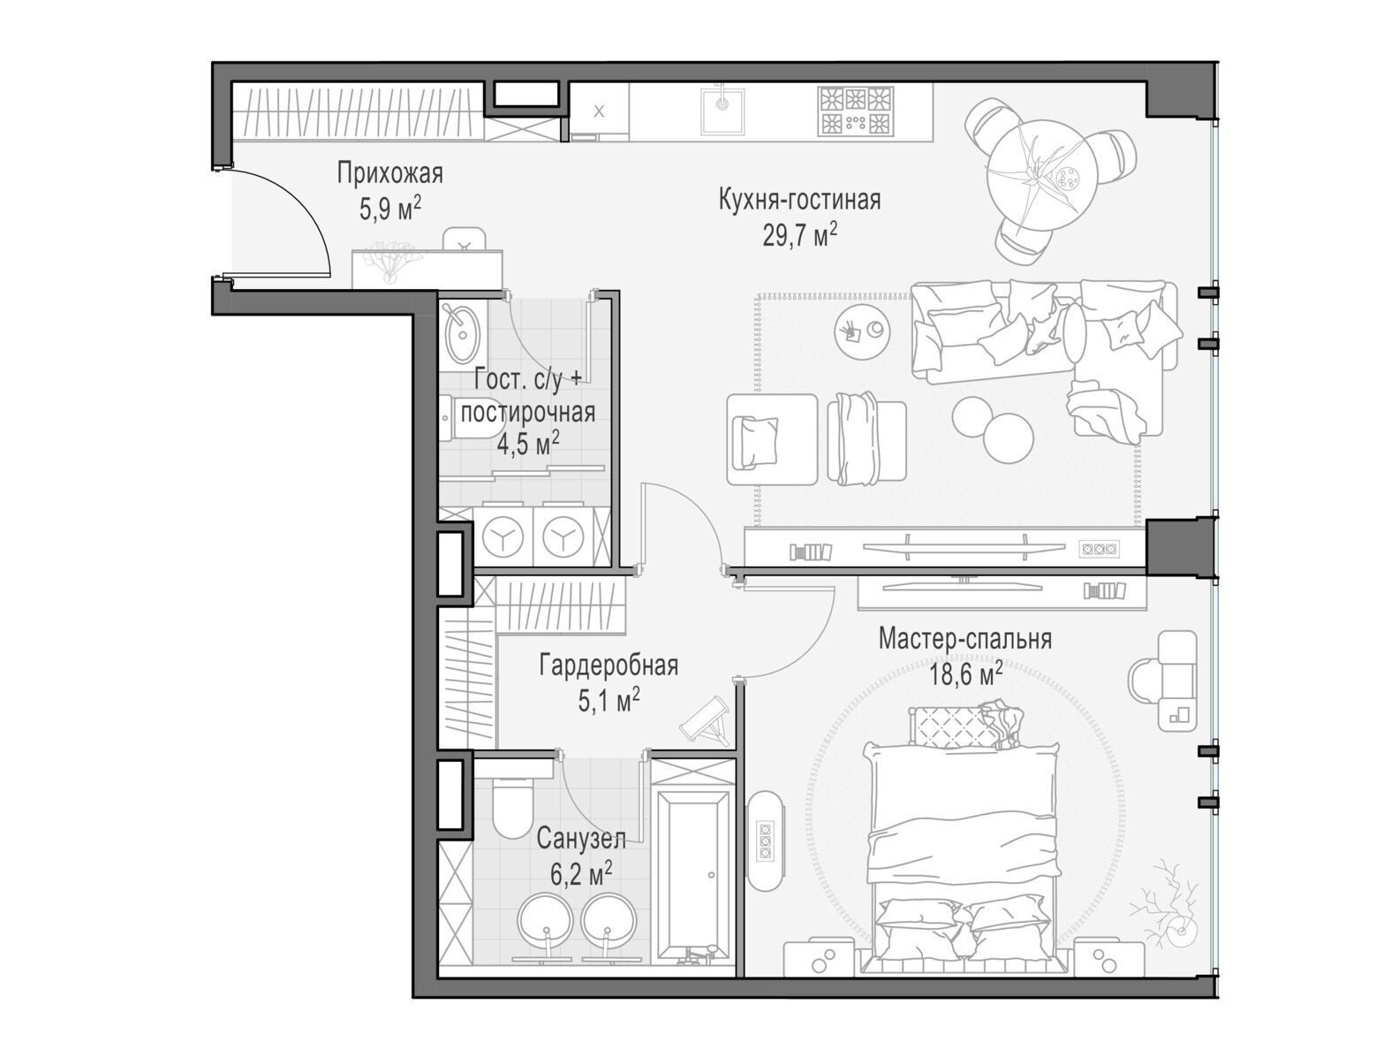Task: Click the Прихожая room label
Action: (x=389, y=173)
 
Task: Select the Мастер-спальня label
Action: (x=965, y=639)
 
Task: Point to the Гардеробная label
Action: (x=609, y=666)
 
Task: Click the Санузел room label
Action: (x=580, y=839)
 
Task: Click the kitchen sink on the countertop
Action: (x=722, y=111)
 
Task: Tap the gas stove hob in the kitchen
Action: (x=856, y=111)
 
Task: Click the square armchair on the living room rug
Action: (x=772, y=440)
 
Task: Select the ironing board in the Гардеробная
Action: (x=707, y=722)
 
